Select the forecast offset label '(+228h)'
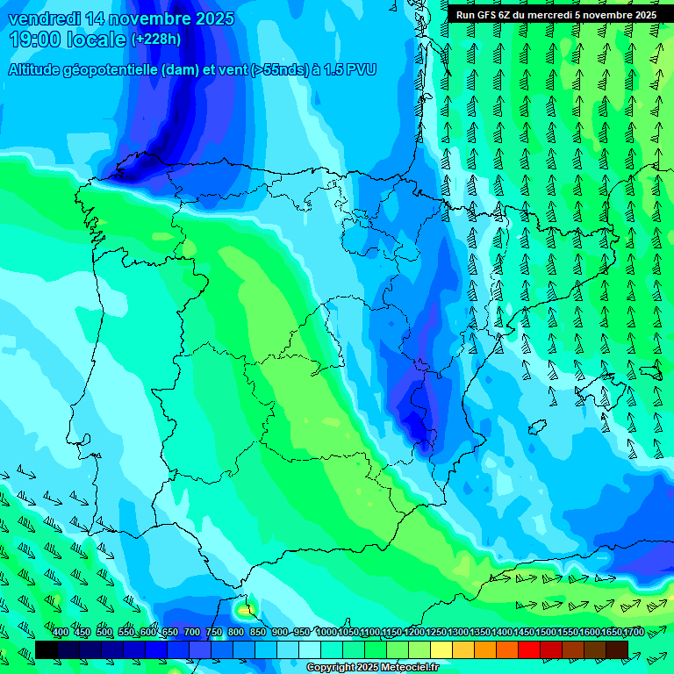coord(155,39)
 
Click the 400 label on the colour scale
coord(61,633)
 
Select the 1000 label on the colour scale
coord(326,633)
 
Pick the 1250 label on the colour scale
coord(436,633)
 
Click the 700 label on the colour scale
coord(192,633)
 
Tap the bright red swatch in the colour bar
coord(529,649)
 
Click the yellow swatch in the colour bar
coord(441,649)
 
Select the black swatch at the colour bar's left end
coord(47,649)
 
